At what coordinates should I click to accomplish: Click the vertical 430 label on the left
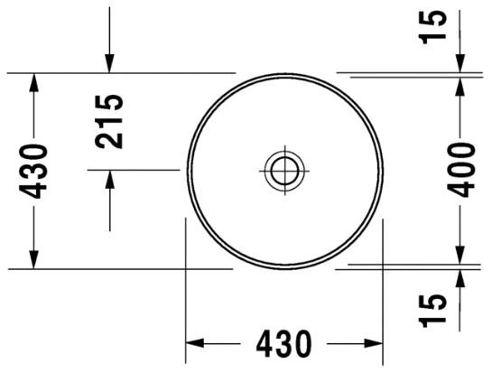click(x=35, y=170)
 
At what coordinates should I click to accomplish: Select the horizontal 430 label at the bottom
click(x=283, y=344)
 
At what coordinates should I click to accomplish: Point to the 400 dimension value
click(x=460, y=169)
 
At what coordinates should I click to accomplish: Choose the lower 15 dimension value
click(x=434, y=310)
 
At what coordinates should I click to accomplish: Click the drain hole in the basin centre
click(x=284, y=168)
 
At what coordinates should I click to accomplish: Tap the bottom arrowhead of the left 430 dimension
click(x=35, y=259)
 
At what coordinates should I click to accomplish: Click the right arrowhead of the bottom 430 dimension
click(x=374, y=343)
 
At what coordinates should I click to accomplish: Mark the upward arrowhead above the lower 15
click(x=461, y=277)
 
